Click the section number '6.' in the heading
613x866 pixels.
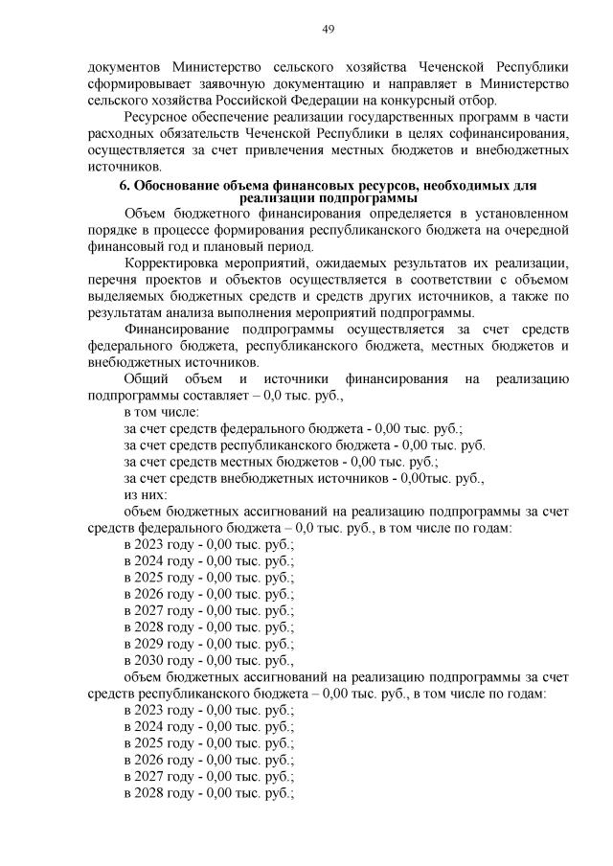coord(125,183)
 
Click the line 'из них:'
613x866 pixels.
coord(146,494)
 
